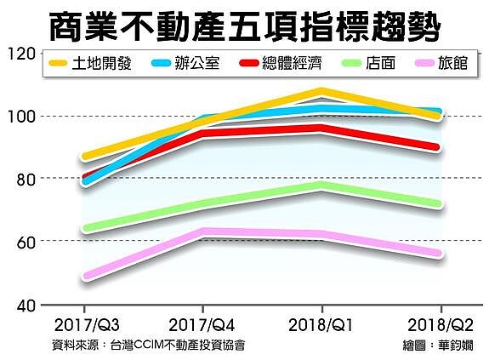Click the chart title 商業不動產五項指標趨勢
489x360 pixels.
click(244, 26)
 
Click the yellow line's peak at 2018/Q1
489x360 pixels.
click(321, 91)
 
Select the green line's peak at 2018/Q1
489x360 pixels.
click(321, 185)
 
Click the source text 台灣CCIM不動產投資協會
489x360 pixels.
click(179, 345)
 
